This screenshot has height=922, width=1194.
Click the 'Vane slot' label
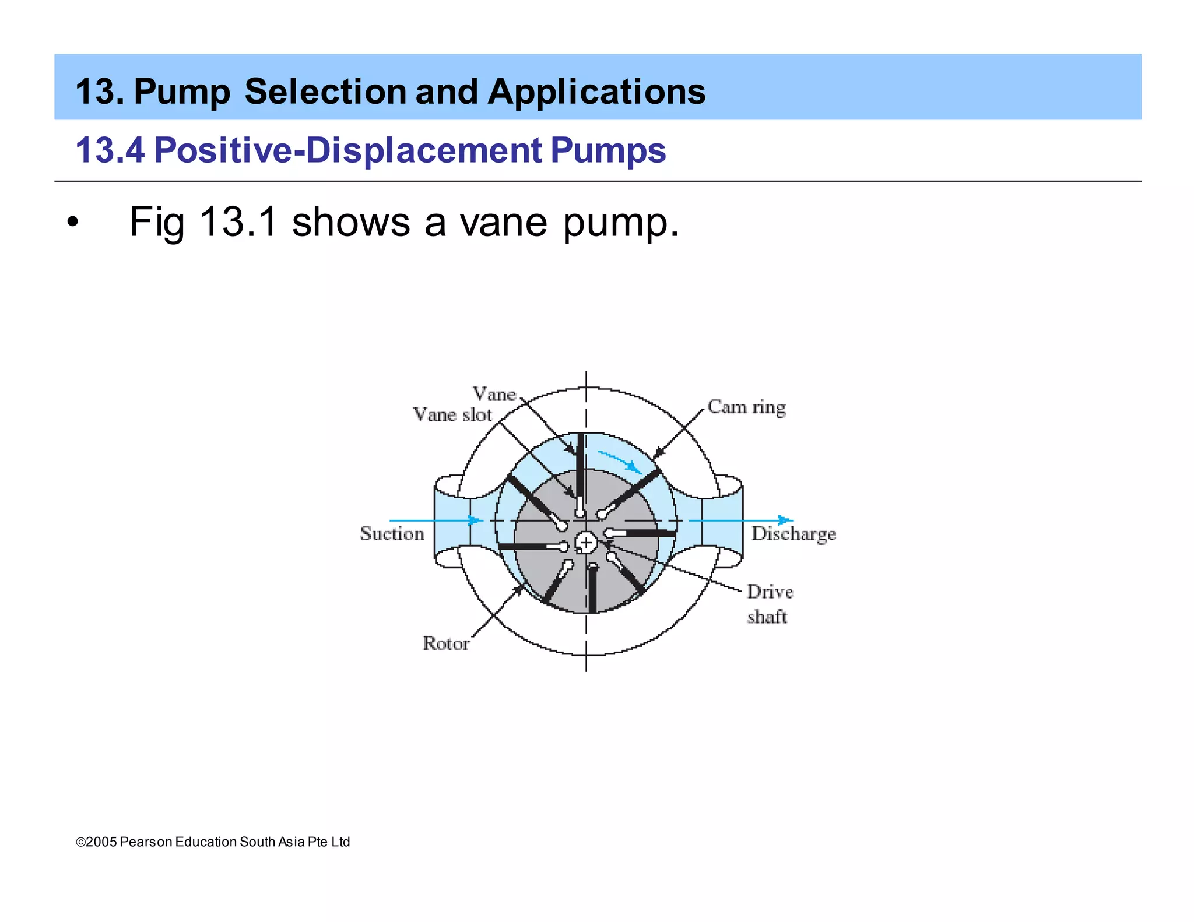pos(452,415)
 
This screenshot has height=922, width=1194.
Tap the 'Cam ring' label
pos(746,407)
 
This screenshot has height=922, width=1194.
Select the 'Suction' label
pos(392,533)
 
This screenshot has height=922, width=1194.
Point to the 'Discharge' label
pos(793,534)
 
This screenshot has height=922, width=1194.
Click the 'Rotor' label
pos(446,643)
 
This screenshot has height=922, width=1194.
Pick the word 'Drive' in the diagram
pos(770,592)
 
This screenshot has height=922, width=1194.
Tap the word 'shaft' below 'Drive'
pos(767,617)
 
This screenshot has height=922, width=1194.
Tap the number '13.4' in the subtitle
pos(110,150)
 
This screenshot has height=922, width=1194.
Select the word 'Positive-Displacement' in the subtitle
pos(348,150)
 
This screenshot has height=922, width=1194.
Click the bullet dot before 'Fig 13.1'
pos(72,223)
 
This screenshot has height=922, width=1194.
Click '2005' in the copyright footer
pos(101,842)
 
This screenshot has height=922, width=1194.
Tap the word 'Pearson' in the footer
pos(146,842)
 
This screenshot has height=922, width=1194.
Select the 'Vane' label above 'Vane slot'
pos(494,394)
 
